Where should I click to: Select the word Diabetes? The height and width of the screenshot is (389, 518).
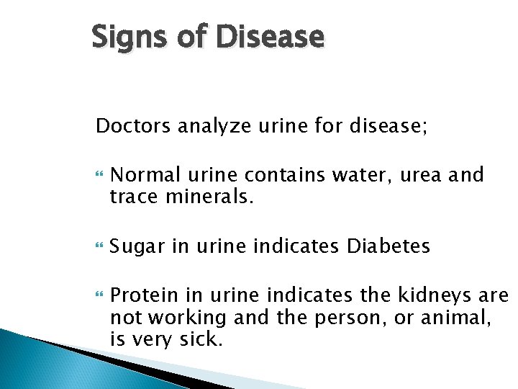[388, 246]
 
